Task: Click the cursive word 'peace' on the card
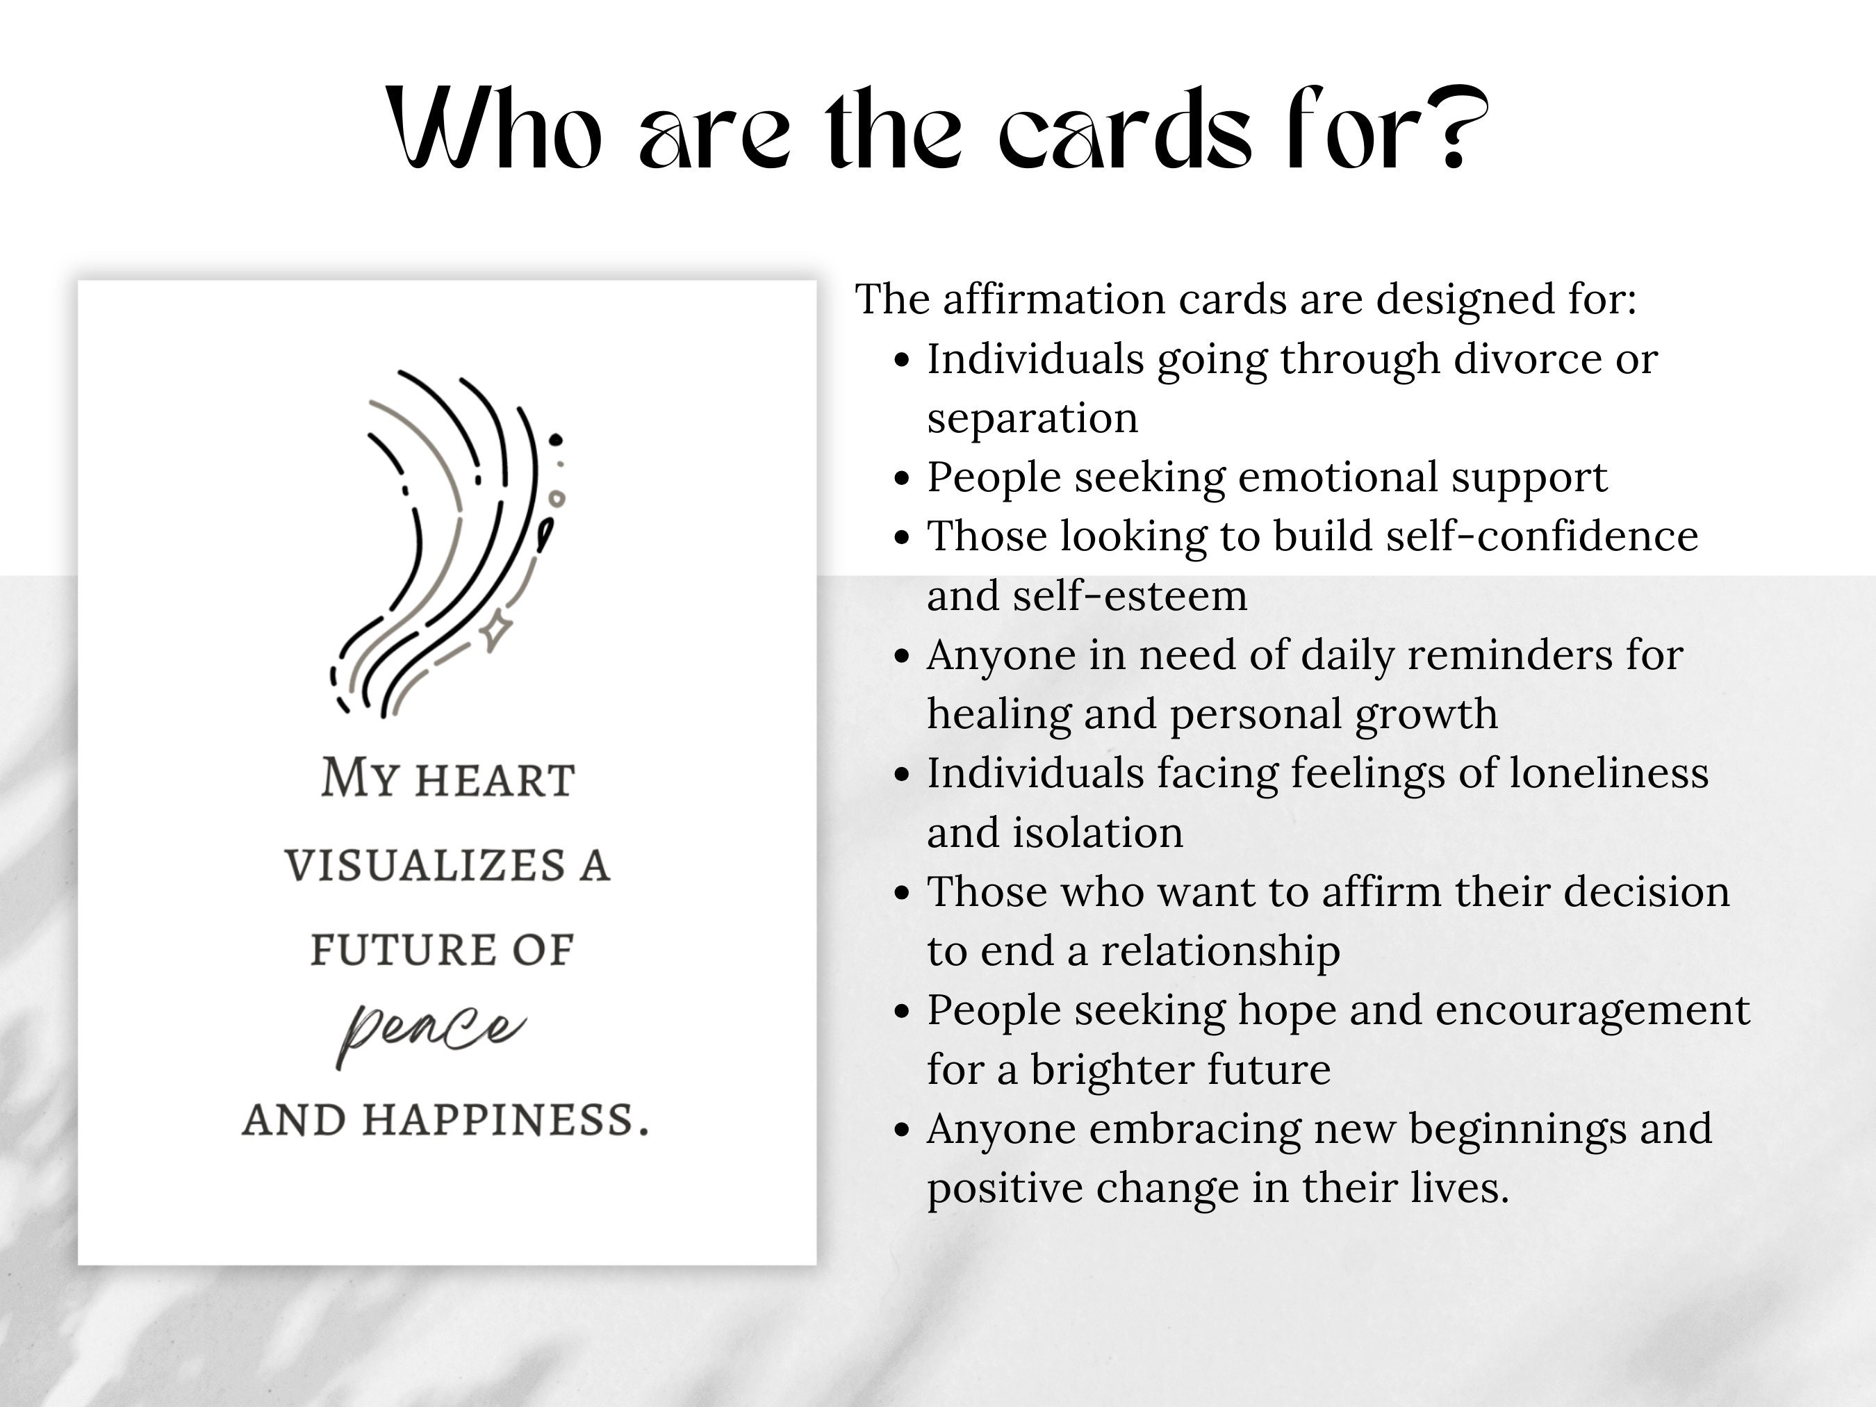(x=431, y=1030)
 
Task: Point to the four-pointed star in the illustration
(x=496, y=630)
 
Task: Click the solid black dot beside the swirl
(x=556, y=439)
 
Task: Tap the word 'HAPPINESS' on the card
(x=507, y=1120)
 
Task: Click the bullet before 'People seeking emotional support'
(x=902, y=478)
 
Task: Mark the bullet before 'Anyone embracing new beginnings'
(x=902, y=1130)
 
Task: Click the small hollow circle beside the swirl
(x=557, y=498)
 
